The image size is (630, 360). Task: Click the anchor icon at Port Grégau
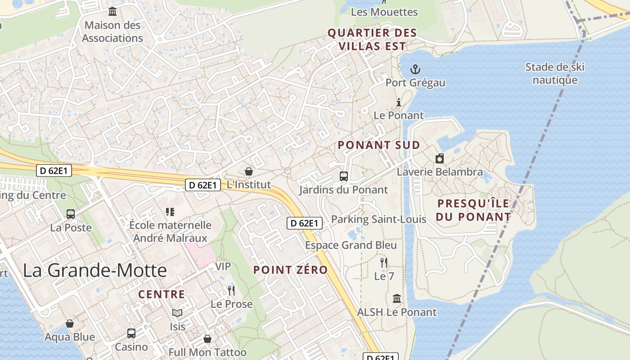pyautogui.click(x=415, y=69)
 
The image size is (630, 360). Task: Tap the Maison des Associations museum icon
pyautogui.click(x=112, y=11)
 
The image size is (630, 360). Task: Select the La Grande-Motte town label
pyautogui.click(x=94, y=270)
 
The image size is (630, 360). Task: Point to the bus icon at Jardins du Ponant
pyautogui.click(x=344, y=176)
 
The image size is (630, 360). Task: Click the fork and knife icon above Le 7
pyautogui.click(x=384, y=262)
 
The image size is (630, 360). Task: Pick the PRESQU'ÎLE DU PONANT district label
pyautogui.click(x=473, y=210)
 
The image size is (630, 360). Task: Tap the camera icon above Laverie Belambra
pyautogui.click(x=440, y=158)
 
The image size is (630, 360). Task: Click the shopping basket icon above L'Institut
pyautogui.click(x=248, y=171)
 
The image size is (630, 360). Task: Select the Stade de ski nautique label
pyautogui.click(x=555, y=74)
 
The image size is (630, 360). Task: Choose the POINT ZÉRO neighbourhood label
pyautogui.click(x=290, y=270)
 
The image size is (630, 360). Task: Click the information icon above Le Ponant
pyautogui.click(x=398, y=102)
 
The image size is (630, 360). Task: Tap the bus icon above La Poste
pyautogui.click(x=71, y=214)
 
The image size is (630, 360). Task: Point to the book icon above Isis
pyautogui.click(x=177, y=313)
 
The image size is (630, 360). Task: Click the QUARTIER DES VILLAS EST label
pyautogui.click(x=372, y=40)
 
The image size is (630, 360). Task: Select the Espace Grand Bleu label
pyautogui.click(x=351, y=245)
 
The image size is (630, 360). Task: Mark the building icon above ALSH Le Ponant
pyautogui.click(x=397, y=298)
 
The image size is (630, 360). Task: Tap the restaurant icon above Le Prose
pyautogui.click(x=231, y=290)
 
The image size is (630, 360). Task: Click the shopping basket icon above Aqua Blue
pyautogui.click(x=70, y=324)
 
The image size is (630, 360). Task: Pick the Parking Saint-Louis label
pyautogui.click(x=378, y=220)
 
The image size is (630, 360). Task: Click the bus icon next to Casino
pyautogui.click(x=131, y=333)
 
